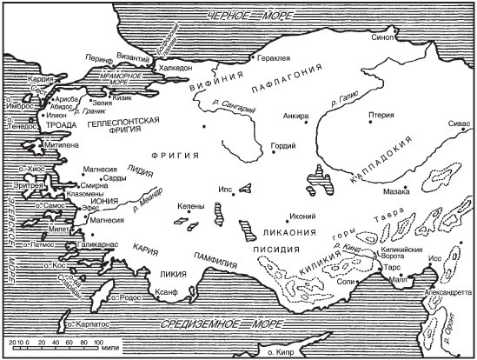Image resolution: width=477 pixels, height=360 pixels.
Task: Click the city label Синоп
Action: (382, 39)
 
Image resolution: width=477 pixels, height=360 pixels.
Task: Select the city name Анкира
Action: (296, 117)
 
